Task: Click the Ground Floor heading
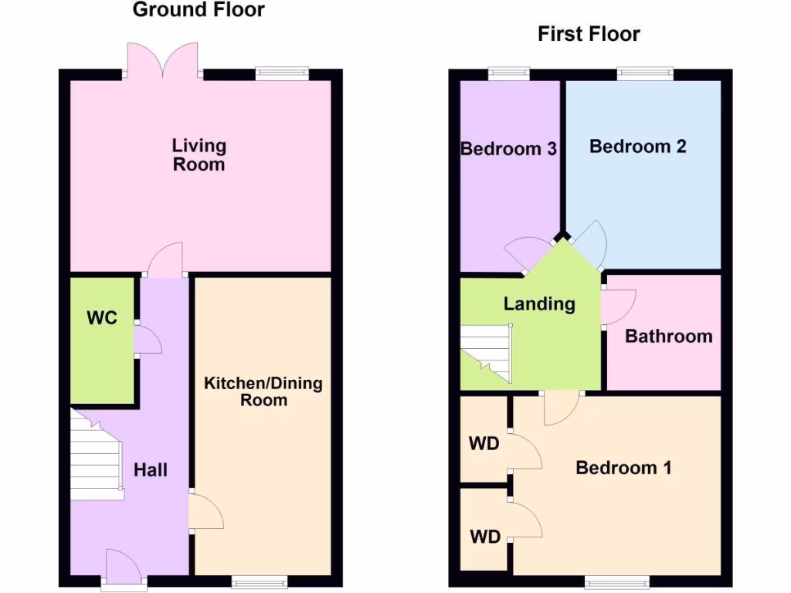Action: (x=199, y=10)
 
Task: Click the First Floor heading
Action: (x=589, y=34)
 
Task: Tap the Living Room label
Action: (x=199, y=154)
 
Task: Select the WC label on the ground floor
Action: (x=102, y=317)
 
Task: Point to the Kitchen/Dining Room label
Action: (x=263, y=391)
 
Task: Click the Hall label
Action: (x=151, y=469)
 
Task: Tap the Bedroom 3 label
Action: (x=508, y=148)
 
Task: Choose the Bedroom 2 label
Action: (x=637, y=146)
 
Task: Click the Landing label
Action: (x=539, y=303)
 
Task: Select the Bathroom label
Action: (x=668, y=336)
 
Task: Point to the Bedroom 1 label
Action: (x=623, y=467)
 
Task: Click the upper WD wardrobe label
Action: (x=484, y=444)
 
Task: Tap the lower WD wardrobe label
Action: (x=484, y=537)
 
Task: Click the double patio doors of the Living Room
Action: (x=162, y=60)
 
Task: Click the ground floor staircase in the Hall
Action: (x=97, y=456)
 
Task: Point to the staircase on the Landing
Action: (x=487, y=351)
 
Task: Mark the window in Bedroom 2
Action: (x=644, y=73)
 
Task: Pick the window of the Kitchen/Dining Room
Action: (x=260, y=581)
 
